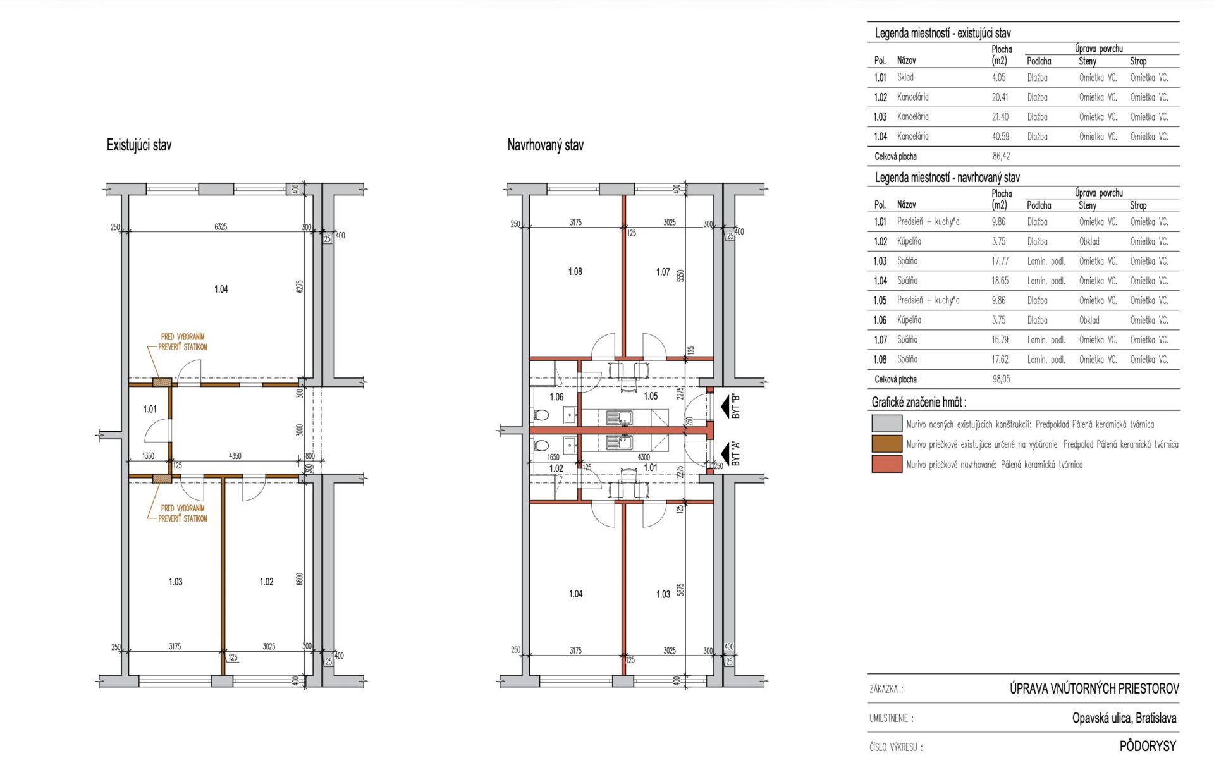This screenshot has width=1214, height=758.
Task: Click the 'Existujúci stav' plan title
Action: pyautogui.click(x=138, y=145)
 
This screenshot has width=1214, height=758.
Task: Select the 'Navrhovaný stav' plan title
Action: pyautogui.click(x=545, y=145)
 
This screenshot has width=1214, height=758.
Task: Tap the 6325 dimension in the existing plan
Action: pyautogui.click(x=221, y=226)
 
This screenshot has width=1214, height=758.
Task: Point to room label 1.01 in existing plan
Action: pyautogui.click(x=150, y=409)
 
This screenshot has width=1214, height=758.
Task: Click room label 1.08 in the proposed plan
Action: pyautogui.click(x=575, y=271)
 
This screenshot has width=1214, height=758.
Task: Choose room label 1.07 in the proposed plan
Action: pyautogui.click(x=663, y=272)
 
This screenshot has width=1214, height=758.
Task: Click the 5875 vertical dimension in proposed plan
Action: pyautogui.click(x=680, y=589)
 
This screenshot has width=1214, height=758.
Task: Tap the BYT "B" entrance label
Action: pyautogui.click(x=735, y=406)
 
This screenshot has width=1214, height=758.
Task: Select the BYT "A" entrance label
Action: pyautogui.click(x=735, y=453)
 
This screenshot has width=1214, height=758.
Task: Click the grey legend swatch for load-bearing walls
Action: pyautogui.click(x=886, y=424)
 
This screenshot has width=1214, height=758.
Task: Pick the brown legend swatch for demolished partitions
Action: pyautogui.click(x=886, y=444)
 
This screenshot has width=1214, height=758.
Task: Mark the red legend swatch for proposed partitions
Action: pyautogui.click(x=886, y=464)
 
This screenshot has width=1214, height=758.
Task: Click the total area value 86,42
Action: pyautogui.click(x=1001, y=156)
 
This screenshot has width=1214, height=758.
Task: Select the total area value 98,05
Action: pyautogui.click(x=1001, y=379)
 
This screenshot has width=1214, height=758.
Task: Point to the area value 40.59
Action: pyautogui.click(x=1000, y=137)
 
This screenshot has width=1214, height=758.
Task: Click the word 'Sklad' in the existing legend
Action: pyautogui.click(x=905, y=77)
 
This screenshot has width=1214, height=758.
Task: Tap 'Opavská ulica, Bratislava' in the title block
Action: pyautogui.click(x=1124, y=718)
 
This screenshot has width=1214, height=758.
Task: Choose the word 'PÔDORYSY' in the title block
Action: pyautogui.click(x=1148, y=746)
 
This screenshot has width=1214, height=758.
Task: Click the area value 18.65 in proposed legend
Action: pyautogui.click(x=1000, y=281)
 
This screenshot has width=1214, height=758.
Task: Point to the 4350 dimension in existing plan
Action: pyautogui.click(x=235, y=456)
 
